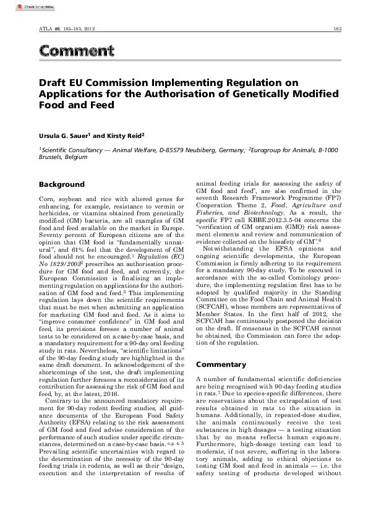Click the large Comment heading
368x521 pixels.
pos(76,51)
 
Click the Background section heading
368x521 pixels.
pos(61,184)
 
